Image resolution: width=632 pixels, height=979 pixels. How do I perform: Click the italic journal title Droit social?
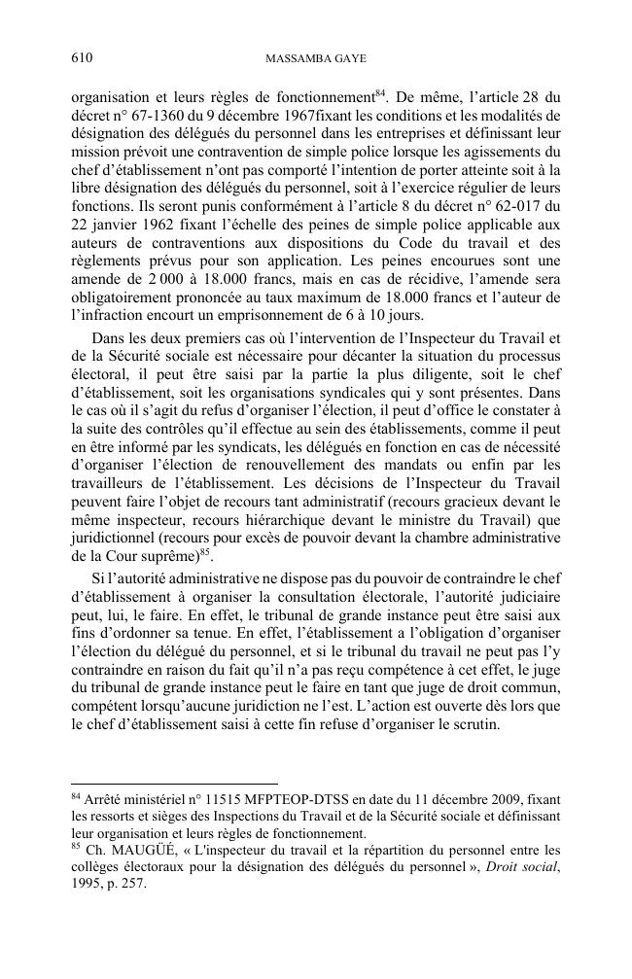click(519, 867)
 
